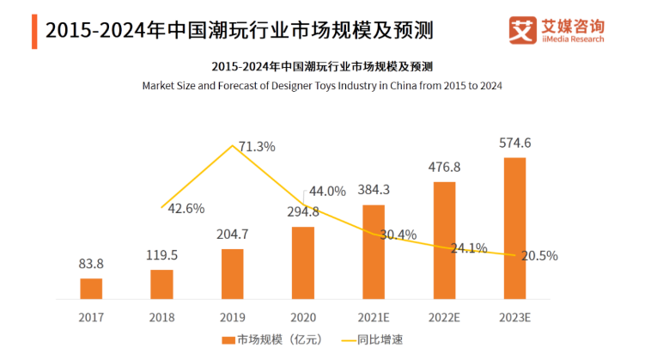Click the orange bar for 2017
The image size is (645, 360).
pos(91,289)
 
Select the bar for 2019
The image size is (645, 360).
pos(232,274)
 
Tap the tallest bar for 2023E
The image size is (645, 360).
pos(514,229)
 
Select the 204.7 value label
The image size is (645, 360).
pos(232,235)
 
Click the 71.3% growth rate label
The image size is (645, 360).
pos(257,147)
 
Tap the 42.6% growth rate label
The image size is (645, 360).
pos(186,208)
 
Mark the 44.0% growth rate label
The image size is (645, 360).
pos(327,191)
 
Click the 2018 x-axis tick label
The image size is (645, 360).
pos(161,317)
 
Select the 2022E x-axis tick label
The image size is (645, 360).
pos(443,317)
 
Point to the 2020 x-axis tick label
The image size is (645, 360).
pos(302,317)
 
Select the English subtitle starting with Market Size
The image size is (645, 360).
pos(322,86)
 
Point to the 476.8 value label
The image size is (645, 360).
pos(443,167)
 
